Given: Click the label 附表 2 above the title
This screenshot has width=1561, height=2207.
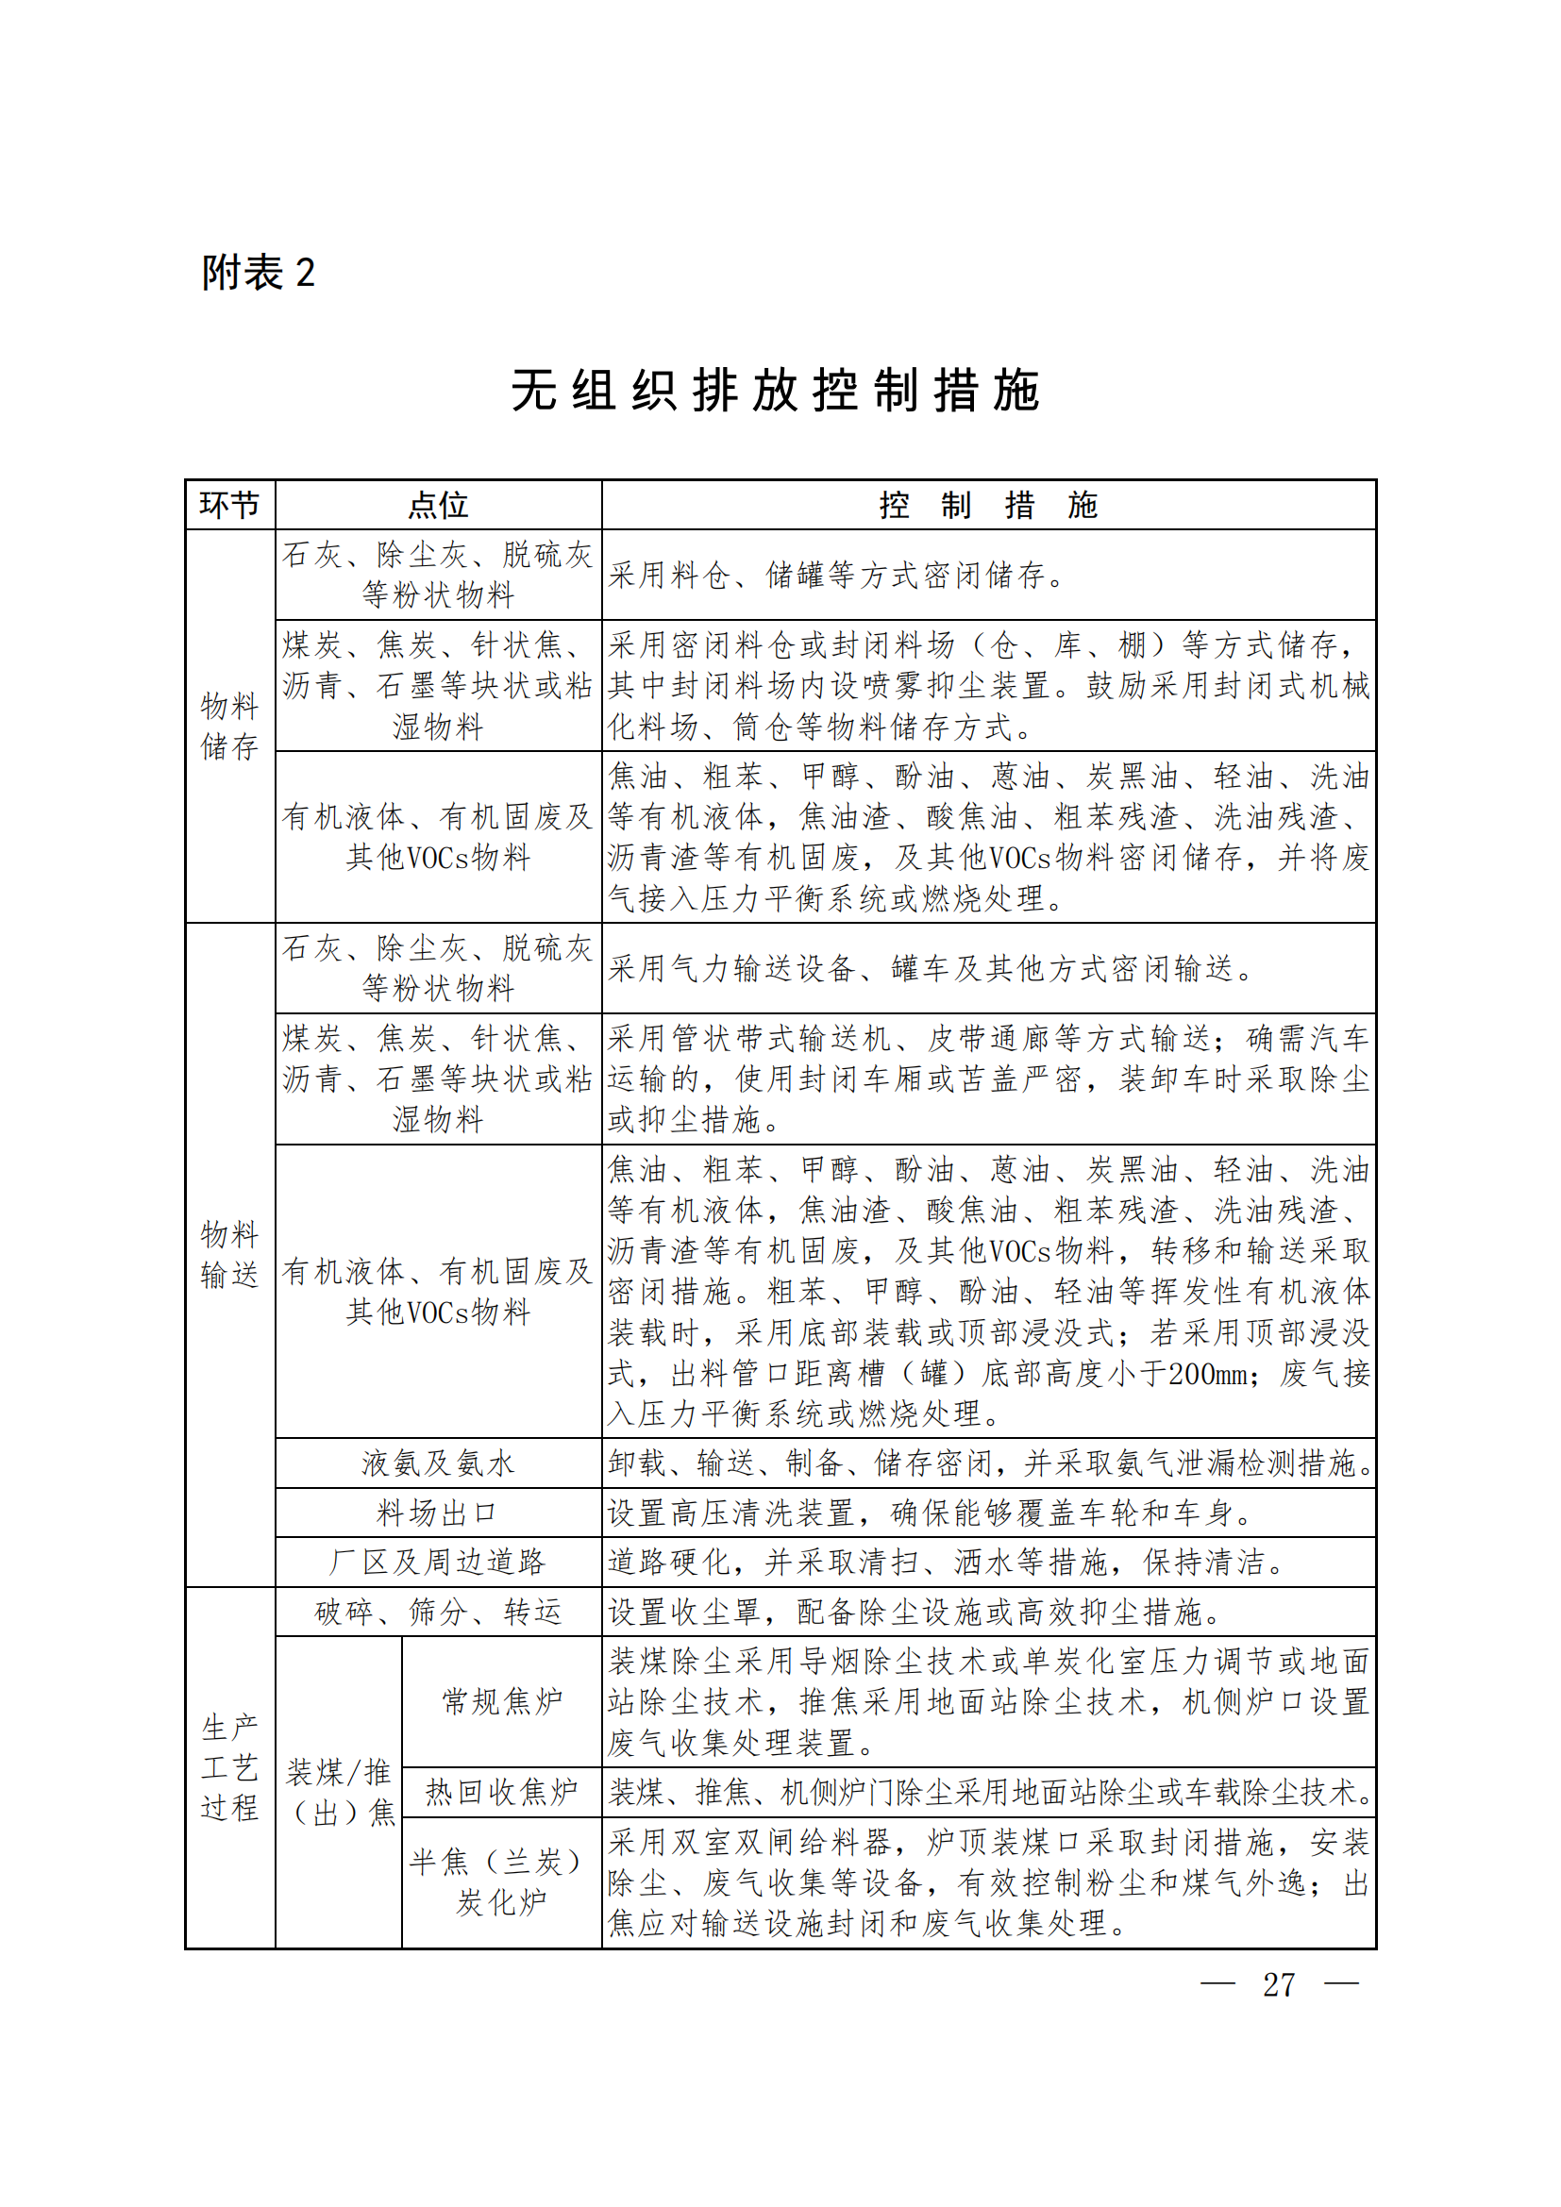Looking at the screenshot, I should pos(258,273).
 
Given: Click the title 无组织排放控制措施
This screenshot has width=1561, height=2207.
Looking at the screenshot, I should pos(775,392).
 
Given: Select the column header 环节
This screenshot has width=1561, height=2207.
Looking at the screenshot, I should pos(229,505).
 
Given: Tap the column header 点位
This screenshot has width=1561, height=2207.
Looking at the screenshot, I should pos(438,505).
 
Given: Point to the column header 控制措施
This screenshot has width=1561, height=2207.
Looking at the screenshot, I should pos(988,505).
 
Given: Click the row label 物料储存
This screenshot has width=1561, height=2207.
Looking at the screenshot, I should pos(229,726).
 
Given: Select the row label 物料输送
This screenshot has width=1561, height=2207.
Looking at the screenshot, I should pos(229,1254).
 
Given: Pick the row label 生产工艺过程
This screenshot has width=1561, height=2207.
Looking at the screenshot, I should pos(229,1766).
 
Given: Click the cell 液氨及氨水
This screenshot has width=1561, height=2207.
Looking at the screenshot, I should pos(438,1463).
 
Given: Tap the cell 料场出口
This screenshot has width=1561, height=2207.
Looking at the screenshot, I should pos(438,1513).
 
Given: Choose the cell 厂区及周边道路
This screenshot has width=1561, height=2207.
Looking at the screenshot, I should pos(438,1562).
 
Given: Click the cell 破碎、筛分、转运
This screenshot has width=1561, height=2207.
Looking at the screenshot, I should pos(438,1612).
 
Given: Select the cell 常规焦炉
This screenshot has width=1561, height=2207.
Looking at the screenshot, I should pos(502,1701).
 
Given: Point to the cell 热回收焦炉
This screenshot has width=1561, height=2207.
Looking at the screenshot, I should pos(502,1792).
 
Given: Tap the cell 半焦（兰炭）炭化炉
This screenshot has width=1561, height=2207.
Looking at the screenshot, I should pos(502,1882).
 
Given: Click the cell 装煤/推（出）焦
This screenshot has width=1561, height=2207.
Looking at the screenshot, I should pos(340,1792).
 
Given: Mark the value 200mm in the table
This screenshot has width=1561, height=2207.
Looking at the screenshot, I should pos(1208,1374).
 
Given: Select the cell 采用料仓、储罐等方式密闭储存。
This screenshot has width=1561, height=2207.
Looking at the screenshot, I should pos(836,575).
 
